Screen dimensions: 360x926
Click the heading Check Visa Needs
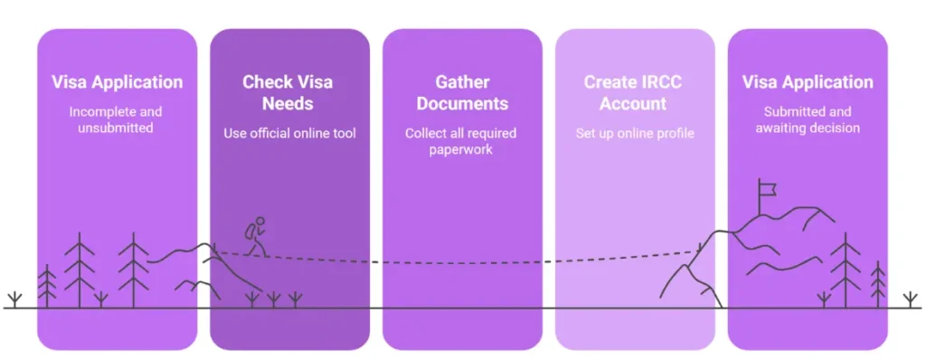pyautogui.click(x=288, y=92)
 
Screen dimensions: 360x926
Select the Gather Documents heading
pyautogui.click(x=462, y=92)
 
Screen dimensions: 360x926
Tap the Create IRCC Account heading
pyautogui.click(x=633, y=92)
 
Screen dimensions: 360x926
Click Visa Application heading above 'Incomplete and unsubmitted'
pyautogui.click(x=117, y=82)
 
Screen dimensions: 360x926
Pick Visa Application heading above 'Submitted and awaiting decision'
pyautogui.click(x=808, y=82)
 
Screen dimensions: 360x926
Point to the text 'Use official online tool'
pyautogui.click(x=289, y=134)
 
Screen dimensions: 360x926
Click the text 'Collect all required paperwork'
pyautogui.click(x=461, y=141)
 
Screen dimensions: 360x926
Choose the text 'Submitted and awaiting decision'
pyautogui.click(x=808, y=119)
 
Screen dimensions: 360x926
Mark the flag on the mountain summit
pyautogui.click(x=769, y=188)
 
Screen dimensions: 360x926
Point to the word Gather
pyautogui.click(x=462, y=82)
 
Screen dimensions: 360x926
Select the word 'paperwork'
pyautogui.click(x=461, y=150)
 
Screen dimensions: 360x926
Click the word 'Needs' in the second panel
pyautogui.click(x=288, y=103)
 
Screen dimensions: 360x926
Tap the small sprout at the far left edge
pyautogui.click(x=14, y=298)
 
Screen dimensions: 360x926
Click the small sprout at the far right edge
pyautogui.click(x=911, y=298)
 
